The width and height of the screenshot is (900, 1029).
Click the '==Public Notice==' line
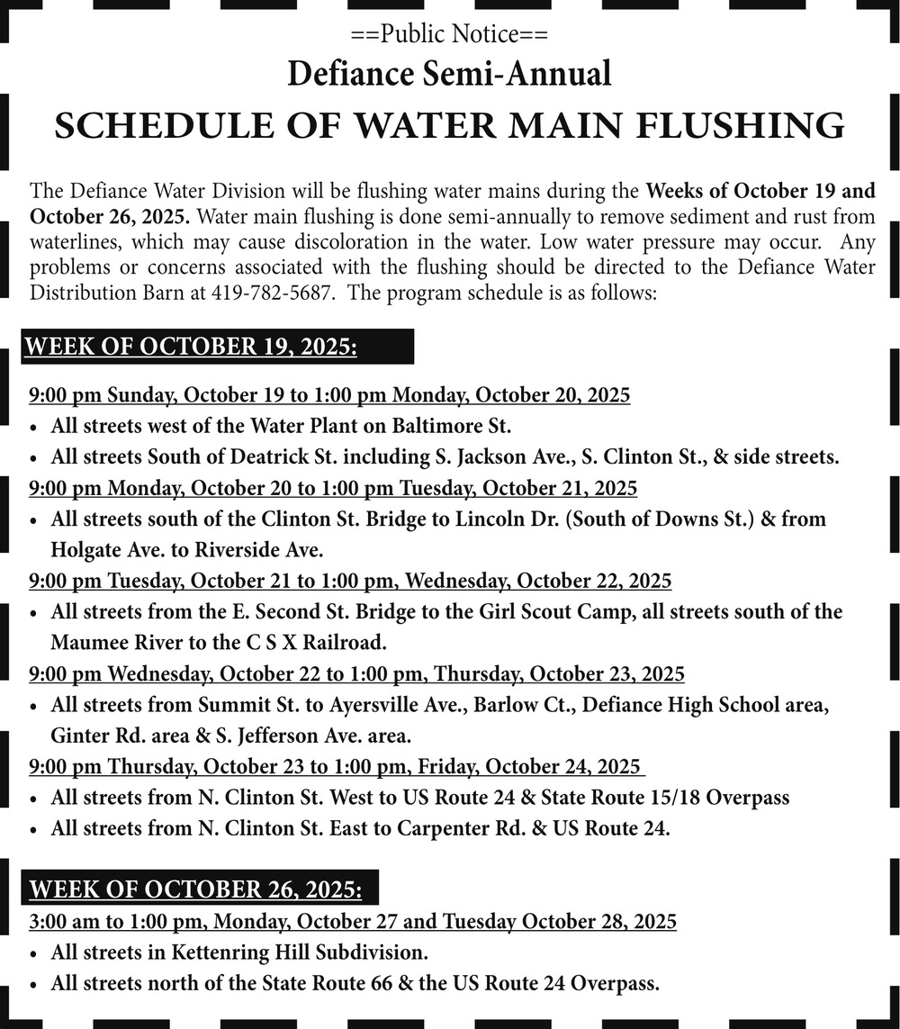point(449,35)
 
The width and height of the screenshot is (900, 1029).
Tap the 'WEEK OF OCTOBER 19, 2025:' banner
point(191,348)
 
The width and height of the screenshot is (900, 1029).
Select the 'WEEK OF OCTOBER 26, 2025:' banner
point(196,890)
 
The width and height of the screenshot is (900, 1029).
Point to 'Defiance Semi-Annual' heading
point(449,74)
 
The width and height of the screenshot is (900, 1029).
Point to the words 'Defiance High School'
point(681,705)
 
